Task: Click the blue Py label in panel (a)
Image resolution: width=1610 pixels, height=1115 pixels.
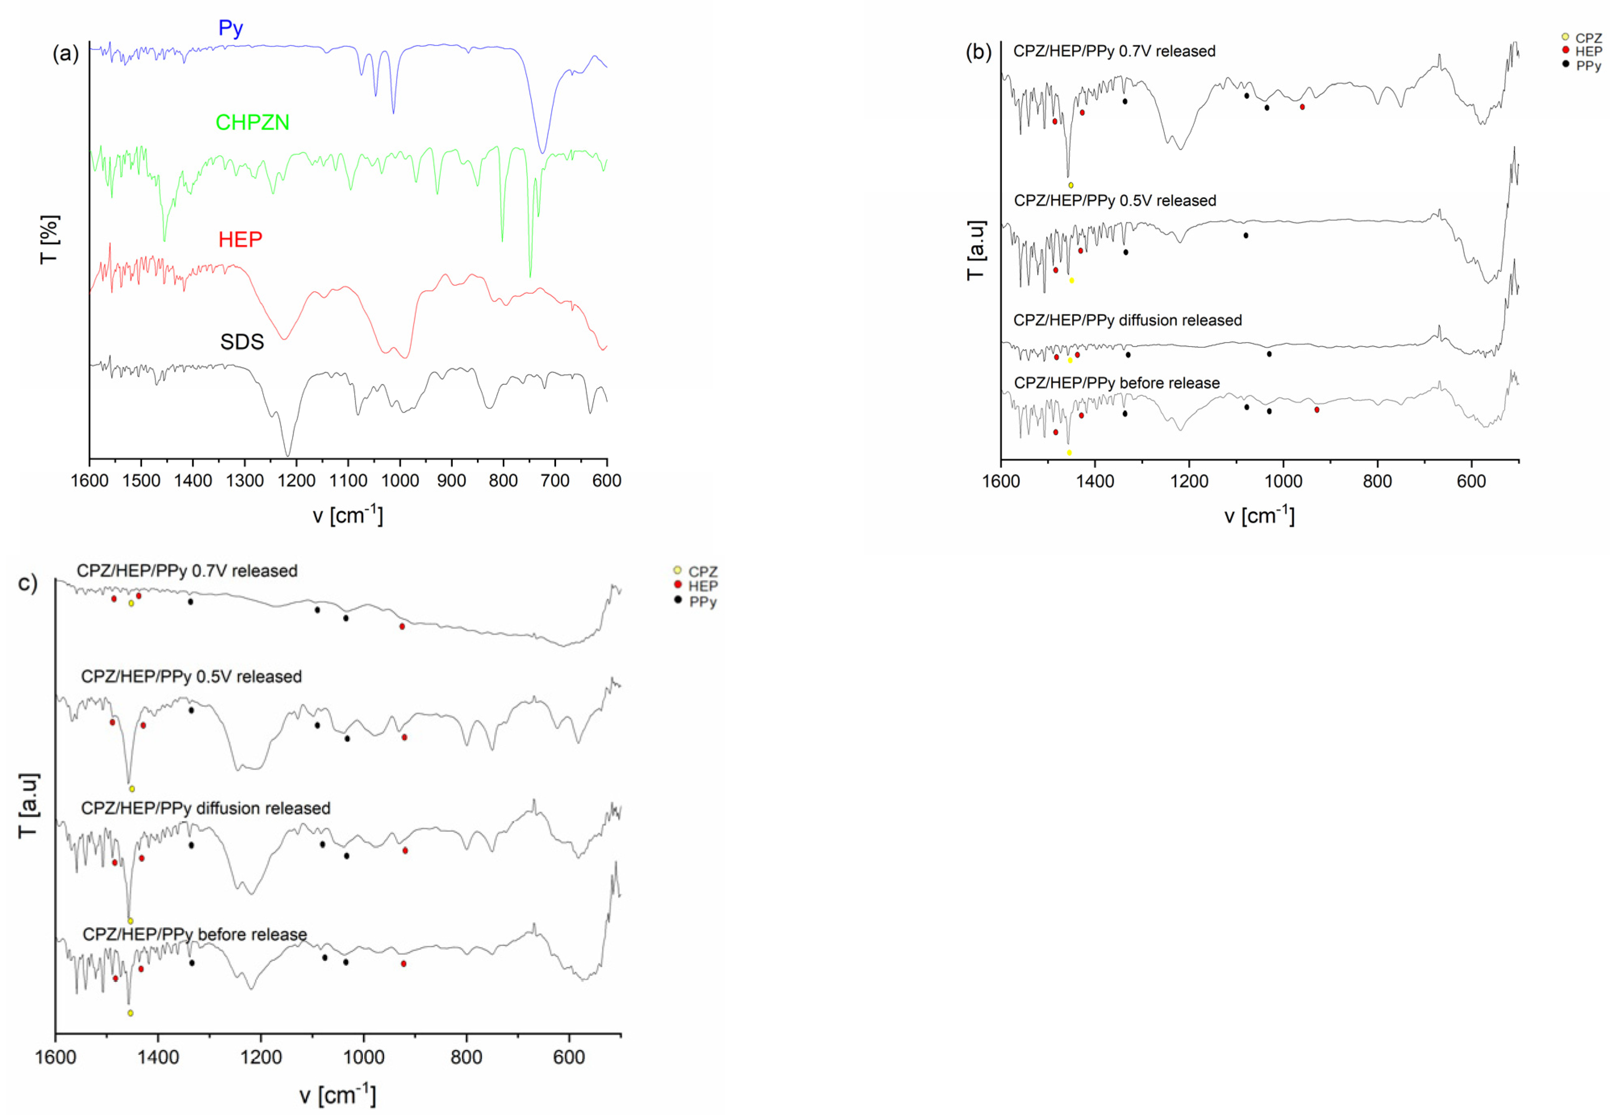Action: pyautogui.click(x=230, y=29)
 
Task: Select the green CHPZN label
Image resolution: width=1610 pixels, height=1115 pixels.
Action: pyautogui.click(x=252, y=122)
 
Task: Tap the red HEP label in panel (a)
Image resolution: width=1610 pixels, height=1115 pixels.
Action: pyautogui.click(x=240, y=240)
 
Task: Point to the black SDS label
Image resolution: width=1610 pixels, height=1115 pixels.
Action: pyautogui.click(x=242, y=342)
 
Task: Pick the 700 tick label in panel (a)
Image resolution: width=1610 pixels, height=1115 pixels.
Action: pyautogui.click(x=555, y=480)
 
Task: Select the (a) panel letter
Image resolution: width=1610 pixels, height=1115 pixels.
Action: pyautogui.click(x=66, y=54)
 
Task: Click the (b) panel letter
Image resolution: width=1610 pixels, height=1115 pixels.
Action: pyautogui.click(x=978, y=52)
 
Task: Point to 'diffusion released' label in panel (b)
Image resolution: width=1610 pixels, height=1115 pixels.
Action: pyautogui.click(x=1127, y=320)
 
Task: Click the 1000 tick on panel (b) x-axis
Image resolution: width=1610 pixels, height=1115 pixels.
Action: pyautogui.click(x=1283, y=481)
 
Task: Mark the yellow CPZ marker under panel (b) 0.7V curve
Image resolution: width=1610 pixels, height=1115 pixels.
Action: pyautogui.click(x=1070, y=185)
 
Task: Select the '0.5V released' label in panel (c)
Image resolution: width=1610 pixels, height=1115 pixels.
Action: pyautogui.click(x=191, y=676)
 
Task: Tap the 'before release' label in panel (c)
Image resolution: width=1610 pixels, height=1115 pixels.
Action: pyautogui.click(x=195, y=934)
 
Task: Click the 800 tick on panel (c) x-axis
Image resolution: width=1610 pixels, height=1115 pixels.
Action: pyautogui.click(x=466, y=1057)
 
